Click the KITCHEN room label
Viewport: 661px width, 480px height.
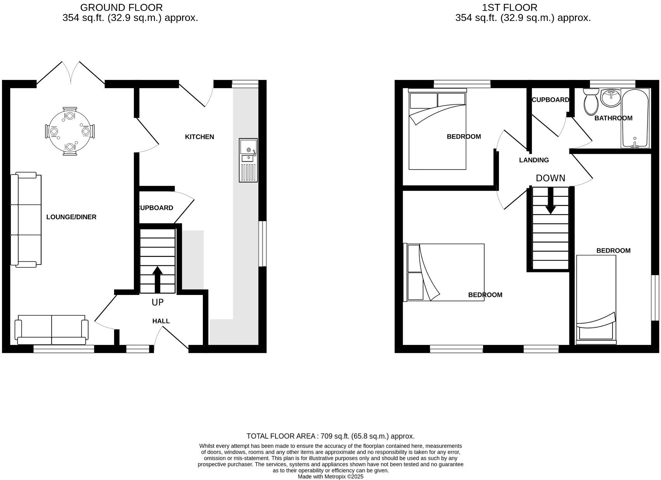(199, 137)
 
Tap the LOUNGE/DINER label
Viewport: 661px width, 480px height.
(71, 217)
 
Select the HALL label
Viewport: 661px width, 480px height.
(161, 321)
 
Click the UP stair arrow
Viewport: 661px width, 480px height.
(157, 279)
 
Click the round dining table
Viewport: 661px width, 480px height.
(70, 132)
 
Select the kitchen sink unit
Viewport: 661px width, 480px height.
(248, 160)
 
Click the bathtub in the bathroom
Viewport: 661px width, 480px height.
(635, 118)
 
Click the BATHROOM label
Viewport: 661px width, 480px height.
(613, 118)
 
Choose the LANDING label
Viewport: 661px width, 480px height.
(534, 160)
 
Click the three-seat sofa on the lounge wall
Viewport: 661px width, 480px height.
(26, 220)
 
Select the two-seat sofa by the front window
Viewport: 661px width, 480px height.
(52, 330)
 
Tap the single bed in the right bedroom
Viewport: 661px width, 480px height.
(596, 299)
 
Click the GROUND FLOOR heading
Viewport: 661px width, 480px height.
(121, 7)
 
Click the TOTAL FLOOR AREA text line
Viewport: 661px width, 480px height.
(330, 436)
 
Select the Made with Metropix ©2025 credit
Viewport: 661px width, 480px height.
(330, 477)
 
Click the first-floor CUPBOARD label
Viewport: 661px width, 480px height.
(550, 100)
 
